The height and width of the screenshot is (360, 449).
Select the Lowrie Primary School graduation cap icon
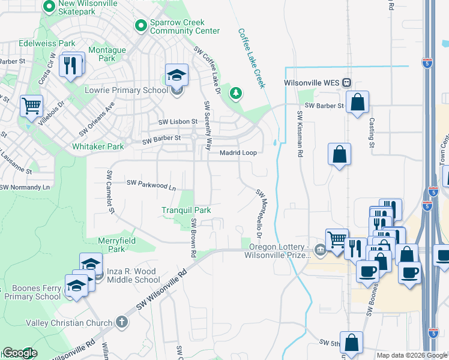(x=176, y=76)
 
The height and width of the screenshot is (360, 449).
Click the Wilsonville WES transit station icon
(x=346, y=83)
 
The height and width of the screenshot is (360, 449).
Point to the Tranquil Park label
(x=186, y=210)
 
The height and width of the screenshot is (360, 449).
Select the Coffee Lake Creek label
(x=251, y=58)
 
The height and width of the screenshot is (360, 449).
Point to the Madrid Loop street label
(x=238, y=153)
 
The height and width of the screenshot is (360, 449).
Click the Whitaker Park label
(x=98, y=146)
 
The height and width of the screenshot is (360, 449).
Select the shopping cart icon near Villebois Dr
(x=31, y=107)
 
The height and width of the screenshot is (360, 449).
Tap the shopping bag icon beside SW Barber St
(x=357, y=103)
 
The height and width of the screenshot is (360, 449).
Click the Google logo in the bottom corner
(x=19, y=353)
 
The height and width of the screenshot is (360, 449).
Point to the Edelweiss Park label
(x=47, y=43)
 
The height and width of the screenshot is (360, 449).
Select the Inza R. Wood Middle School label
(x=133, y=275)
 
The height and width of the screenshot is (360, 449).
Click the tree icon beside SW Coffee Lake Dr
(x=237, y=92)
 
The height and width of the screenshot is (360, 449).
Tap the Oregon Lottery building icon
(x=320, y=250)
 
